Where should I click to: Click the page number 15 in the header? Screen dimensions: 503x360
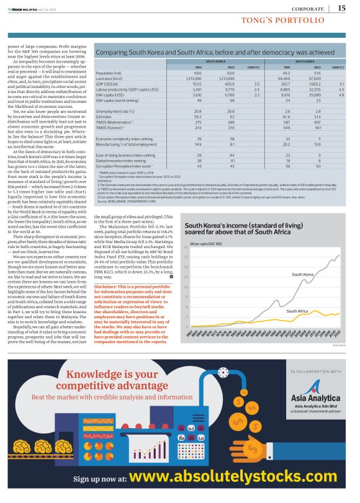pyautogui.click(x=341, y=7)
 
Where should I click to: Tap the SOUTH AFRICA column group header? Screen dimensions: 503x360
pyautogui.click(x=215, y=62)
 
